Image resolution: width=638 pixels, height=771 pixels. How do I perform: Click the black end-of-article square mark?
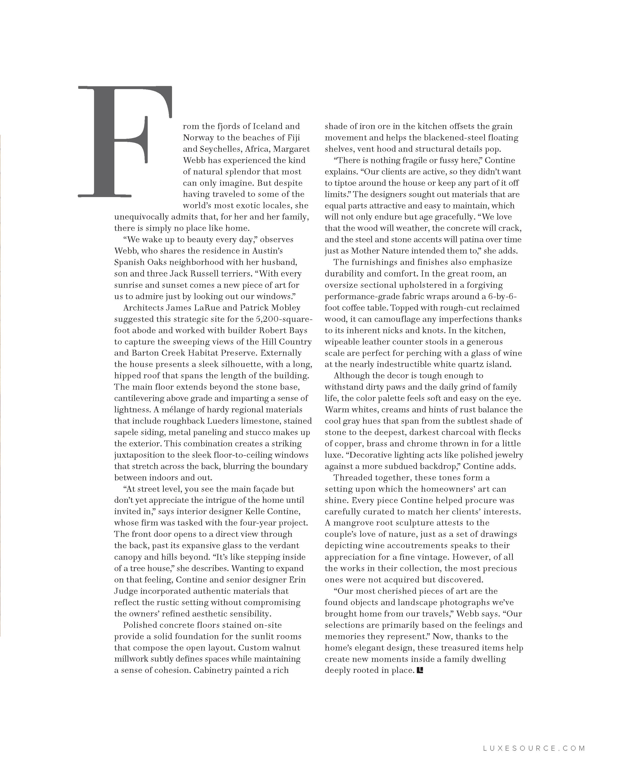(x=420, y=670)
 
